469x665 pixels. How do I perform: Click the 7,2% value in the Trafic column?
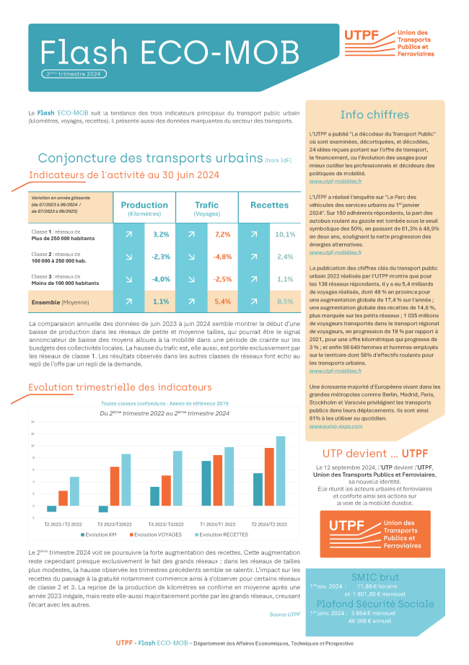click(x=222, y=234)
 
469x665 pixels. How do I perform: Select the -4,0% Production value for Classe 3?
click(x=160, y=279)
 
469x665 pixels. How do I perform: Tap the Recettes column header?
click(x=269, y=206)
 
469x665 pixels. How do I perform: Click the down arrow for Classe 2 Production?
click(x=128, y=257)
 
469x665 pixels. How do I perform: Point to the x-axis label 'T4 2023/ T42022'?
click(x=166, y=524)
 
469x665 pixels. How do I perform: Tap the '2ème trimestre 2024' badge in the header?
click(x=74, y=74)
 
